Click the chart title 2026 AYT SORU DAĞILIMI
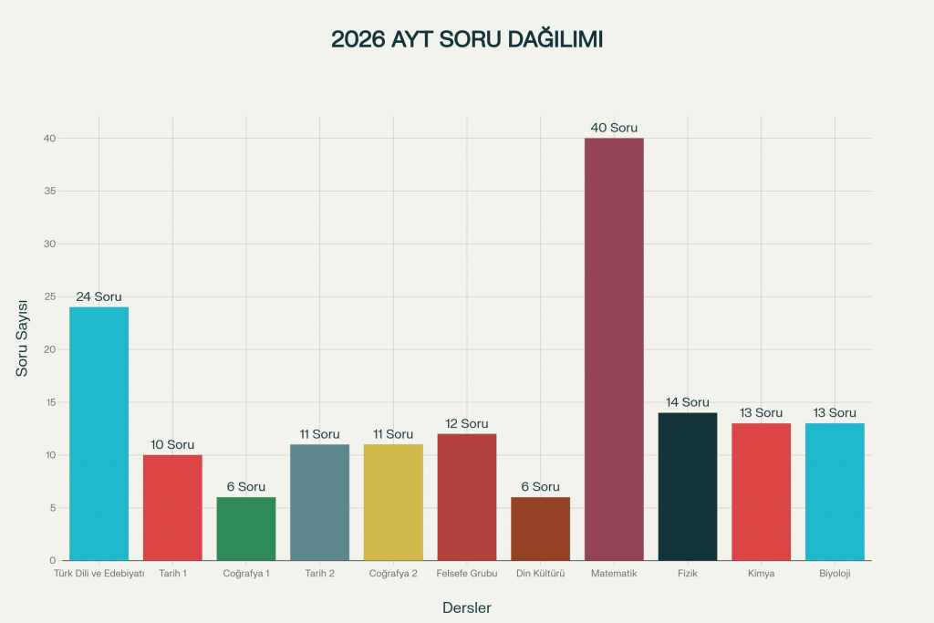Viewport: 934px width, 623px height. [466, 40]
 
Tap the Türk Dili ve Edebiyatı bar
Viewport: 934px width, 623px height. [99, 433]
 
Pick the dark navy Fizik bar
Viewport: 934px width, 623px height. [688, 486]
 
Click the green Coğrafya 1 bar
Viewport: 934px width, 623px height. [246, 528]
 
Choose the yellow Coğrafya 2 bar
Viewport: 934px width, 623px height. [393, 502]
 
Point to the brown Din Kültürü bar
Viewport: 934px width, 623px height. [540, 528]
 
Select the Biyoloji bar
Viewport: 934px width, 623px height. [835, 492]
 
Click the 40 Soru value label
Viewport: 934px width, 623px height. [614, 128]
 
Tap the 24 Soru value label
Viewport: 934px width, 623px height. [99, 296]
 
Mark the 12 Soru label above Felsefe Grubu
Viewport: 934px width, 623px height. [467, 423]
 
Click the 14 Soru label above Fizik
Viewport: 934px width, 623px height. [688, 402]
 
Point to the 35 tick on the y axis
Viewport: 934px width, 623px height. [50, 192]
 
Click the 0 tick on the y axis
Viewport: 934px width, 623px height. [53, 560]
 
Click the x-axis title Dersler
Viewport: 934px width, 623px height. [467, 607]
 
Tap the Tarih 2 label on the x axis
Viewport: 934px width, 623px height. [319, 574]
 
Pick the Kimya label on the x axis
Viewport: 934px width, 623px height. [761, 574]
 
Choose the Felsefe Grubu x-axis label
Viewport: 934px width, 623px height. [467, 574]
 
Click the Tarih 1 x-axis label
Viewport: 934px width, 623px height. [172, 574]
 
